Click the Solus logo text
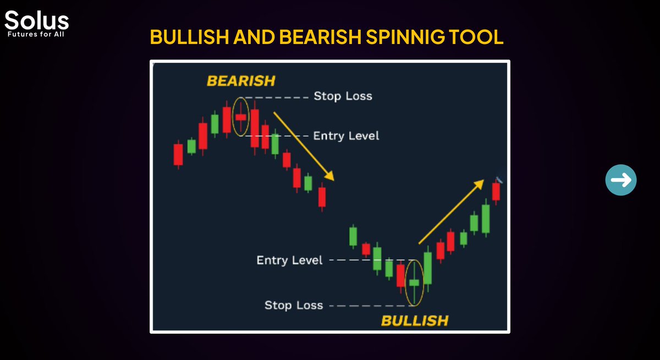37,20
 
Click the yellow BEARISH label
240,81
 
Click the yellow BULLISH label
415,320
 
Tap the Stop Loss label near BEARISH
343,96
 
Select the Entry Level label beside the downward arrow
346,135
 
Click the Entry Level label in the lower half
289,260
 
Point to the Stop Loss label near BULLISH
294,305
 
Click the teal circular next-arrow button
621,180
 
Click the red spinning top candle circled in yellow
241,117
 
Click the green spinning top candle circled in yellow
414,283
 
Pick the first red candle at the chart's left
178,154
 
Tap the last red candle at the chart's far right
496,191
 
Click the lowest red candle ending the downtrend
322,197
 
